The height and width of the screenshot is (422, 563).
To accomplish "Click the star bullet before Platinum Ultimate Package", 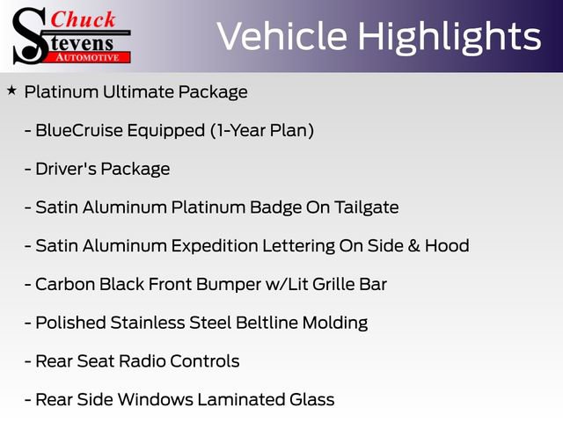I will tap(11, 90).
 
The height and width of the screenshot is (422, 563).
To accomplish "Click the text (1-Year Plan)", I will tap(261, 130).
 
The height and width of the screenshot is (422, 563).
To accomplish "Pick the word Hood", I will tap(447, 246).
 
